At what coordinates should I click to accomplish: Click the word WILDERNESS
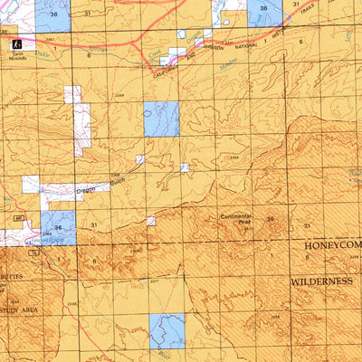[x=320, y=281]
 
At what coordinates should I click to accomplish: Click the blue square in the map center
[x=161, y=119]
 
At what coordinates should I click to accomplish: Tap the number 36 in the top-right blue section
[x=263, y=8]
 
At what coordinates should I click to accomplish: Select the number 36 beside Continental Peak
[x=270, y=219]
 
